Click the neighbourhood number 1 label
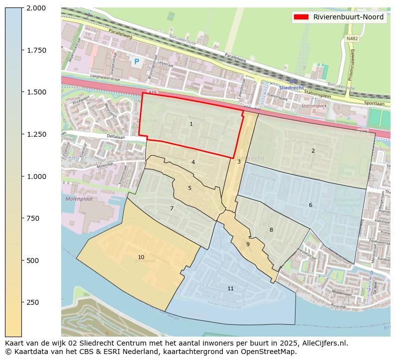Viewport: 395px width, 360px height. [191, 124]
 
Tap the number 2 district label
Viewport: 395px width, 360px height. [313, 151]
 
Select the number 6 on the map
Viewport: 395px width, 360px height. [310, 205]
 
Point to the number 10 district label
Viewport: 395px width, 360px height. [141, 257]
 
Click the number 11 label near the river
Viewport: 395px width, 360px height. [230, 288]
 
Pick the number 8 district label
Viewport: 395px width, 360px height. [271, 230]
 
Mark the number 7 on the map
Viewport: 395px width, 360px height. [172, 208]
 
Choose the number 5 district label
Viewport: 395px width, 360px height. [190, 188]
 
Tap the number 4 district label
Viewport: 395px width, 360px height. [193, 162]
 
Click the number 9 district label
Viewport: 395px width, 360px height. [248, 244]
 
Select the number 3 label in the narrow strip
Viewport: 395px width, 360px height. [239, 162]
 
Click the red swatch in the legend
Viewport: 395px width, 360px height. [301, 17]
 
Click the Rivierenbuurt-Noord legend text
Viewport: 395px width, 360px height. [348, 17]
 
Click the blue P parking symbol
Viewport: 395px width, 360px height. [136, 62]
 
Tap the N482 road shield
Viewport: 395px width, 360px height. [352, 38]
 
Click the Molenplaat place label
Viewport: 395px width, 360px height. [79, 199]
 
